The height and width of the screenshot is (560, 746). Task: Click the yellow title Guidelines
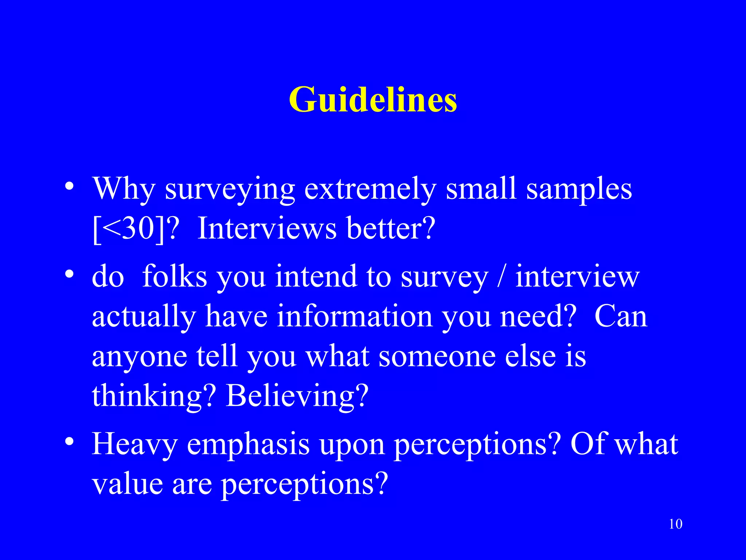pos(373,100)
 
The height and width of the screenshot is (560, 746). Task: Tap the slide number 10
pos(676,524)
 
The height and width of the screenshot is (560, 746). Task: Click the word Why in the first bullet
pos(124,190)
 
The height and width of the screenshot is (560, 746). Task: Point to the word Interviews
pos(267,229)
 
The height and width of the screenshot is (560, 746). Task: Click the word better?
pos(391,229)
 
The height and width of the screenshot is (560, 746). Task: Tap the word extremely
pos(370,190)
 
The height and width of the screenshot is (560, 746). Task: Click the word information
pos(355,316)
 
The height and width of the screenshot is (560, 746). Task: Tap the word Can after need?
pos(621,316)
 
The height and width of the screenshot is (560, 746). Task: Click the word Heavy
pos(134,444)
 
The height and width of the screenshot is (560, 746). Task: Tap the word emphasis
pos(248,444)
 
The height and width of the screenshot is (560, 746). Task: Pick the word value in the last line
pos(127,484)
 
